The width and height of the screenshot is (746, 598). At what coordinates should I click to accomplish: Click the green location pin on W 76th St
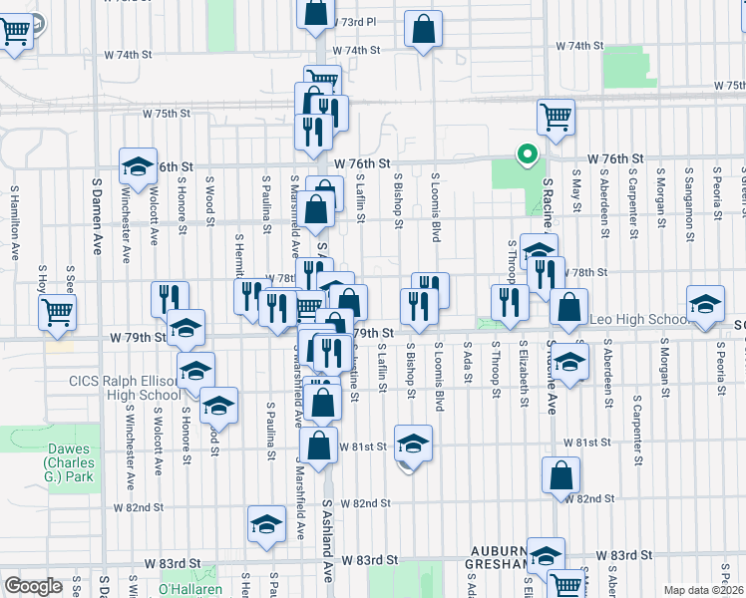526,154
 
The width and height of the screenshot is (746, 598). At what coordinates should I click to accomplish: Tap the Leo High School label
638,319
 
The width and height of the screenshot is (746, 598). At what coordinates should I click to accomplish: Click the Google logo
33,586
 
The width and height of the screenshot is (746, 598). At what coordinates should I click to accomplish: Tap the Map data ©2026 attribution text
703,590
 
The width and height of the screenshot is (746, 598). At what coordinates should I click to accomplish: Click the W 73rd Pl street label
355,21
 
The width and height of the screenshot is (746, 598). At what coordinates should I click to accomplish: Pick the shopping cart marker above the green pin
556,116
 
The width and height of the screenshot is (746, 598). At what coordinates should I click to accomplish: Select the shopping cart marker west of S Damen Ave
57,311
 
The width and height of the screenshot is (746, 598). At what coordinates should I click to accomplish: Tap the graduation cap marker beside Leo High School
705,304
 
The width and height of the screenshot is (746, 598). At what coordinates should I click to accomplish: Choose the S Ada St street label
467,368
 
